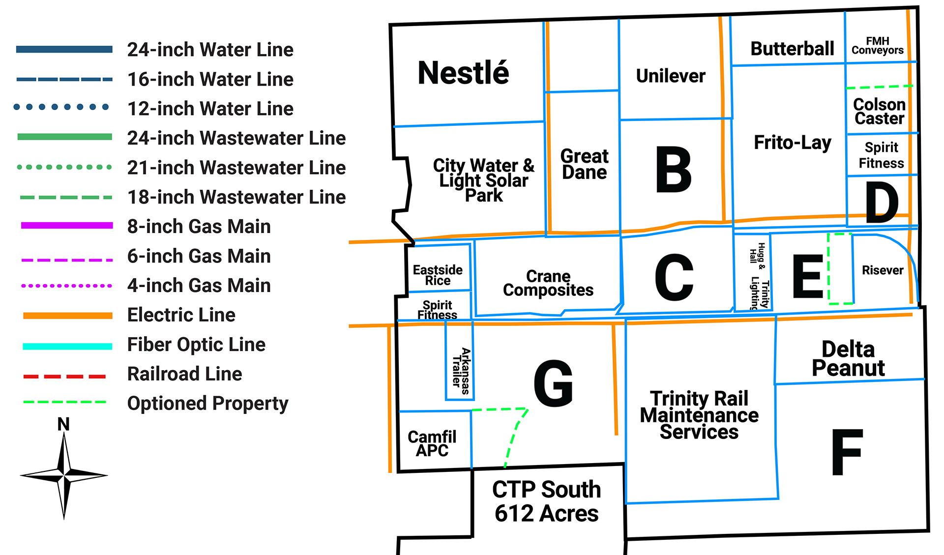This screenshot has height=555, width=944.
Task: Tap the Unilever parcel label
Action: (x=670, y=76)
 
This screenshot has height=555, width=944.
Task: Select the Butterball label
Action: (x=792, y=49)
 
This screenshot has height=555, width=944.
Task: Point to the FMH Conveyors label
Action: (x=878, y=46)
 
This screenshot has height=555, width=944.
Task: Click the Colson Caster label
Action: (x=879, y=112)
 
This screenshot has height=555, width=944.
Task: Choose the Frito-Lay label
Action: (x=793, y=143)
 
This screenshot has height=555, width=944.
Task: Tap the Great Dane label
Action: (x=584, y=164)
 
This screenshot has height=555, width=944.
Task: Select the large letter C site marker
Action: (x=674, y=277)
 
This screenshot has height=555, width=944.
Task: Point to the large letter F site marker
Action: (x=847, y=452)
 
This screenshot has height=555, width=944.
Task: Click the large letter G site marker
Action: (x=554, y=383)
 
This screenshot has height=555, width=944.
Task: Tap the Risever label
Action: (x=883, y=270)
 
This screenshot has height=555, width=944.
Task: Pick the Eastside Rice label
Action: (x=438, y=275)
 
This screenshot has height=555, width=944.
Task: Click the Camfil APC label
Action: (x=432, y=443)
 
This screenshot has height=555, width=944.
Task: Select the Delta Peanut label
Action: (x=848, y=359)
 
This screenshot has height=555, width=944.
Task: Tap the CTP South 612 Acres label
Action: (x=546, y=501)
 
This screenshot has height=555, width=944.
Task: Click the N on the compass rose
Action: (x=63, y=424)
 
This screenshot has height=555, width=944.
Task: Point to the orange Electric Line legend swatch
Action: (x=68, y=316)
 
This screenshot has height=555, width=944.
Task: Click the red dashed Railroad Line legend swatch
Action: (x=64, y=377)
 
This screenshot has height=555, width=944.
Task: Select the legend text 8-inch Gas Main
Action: (x=199, y=227)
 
